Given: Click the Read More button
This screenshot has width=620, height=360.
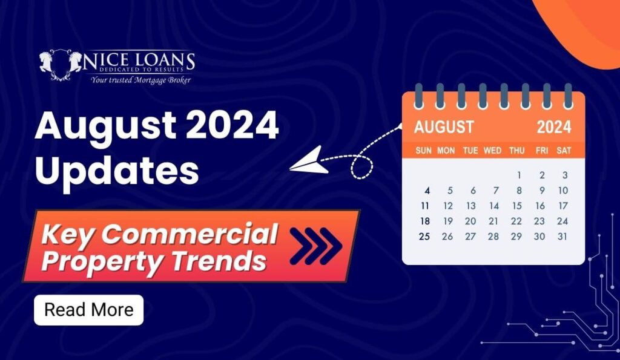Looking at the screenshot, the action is tap(88, 310).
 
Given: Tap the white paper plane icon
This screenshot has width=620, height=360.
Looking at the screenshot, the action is tap(309, 160).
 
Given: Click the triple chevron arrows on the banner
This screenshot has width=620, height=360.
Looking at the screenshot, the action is tap(316, 246).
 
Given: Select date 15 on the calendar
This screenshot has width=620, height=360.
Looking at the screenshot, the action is tap(517, 206).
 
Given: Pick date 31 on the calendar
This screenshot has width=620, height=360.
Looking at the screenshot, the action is tap(562, 237).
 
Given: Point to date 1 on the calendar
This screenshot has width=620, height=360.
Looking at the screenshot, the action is tap(519, 175).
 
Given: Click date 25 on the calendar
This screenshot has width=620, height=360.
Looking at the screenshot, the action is tap(424, 237).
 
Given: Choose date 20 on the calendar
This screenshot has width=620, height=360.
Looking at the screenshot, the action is tap(470, 221).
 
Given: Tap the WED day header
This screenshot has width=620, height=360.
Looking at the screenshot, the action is tap(492, 151).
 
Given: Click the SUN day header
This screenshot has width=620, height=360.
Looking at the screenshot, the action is tap(423, 151).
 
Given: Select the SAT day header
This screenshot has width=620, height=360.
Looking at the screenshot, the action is tap(564, 151).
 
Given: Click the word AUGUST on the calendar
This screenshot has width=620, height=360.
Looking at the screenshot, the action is tap(444, 127).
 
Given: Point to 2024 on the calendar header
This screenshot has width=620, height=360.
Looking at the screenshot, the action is tap(553, 127).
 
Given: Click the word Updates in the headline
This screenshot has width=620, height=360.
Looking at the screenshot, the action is tap(117, 171).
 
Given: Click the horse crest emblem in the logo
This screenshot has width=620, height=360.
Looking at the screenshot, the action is tap(61, 64).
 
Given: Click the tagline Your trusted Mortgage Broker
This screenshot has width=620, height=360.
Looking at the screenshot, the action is tap(140, 80).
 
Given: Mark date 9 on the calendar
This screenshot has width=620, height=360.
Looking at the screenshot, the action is tap(542, 191).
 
